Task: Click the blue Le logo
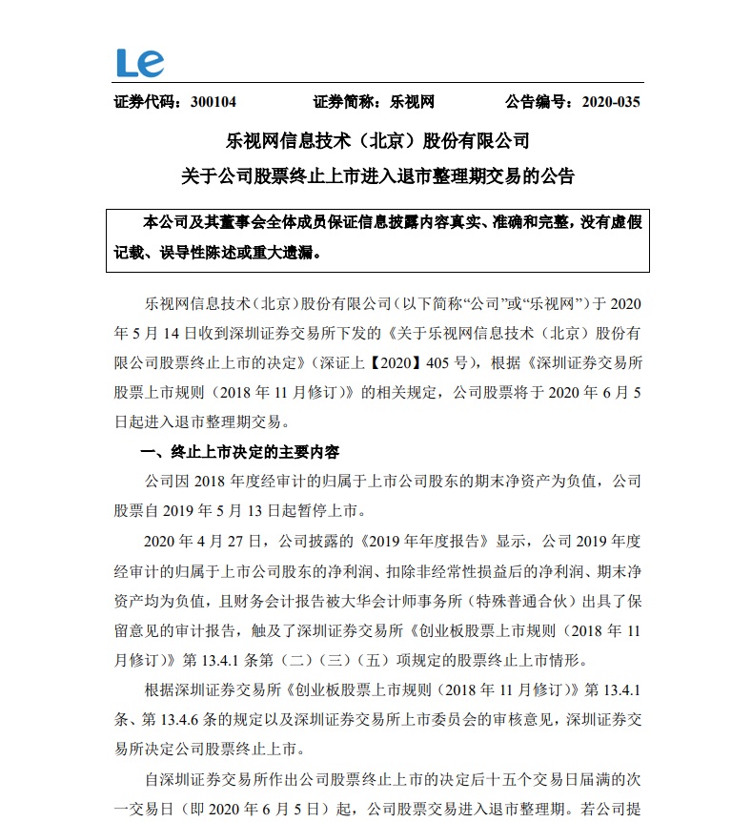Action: click(140, 63)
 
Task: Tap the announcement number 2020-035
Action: click(610, 102)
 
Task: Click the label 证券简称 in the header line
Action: click(343, 102)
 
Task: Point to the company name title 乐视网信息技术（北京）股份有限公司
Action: click(376, 141)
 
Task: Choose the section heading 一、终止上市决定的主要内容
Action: click(240, 451)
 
